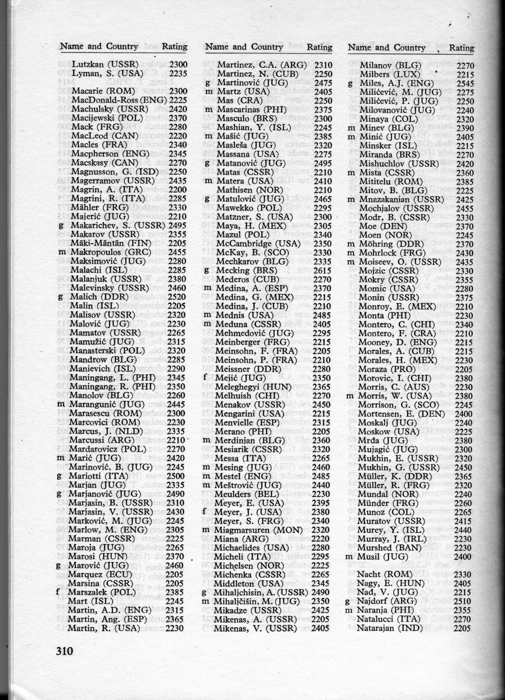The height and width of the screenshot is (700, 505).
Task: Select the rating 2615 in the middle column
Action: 323,270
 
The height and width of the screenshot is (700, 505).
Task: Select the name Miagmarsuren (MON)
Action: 260,530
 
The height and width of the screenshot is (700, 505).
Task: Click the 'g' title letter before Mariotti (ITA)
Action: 59,477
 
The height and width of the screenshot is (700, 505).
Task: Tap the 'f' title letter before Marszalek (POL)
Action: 58,592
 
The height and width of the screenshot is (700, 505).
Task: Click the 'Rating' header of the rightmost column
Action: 461,48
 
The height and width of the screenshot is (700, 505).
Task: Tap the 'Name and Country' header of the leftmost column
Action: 99,46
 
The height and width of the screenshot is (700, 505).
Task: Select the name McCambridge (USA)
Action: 259,244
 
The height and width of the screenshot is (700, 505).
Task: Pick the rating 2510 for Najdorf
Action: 462,601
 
